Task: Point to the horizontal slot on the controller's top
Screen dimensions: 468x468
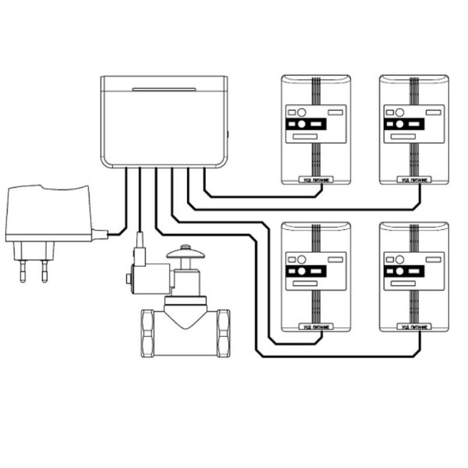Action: [163, 89]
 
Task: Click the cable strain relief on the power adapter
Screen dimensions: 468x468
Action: [100, 234]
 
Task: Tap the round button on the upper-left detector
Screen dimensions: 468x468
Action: [301, 112]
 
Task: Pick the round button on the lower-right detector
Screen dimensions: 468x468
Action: [399, 258]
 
